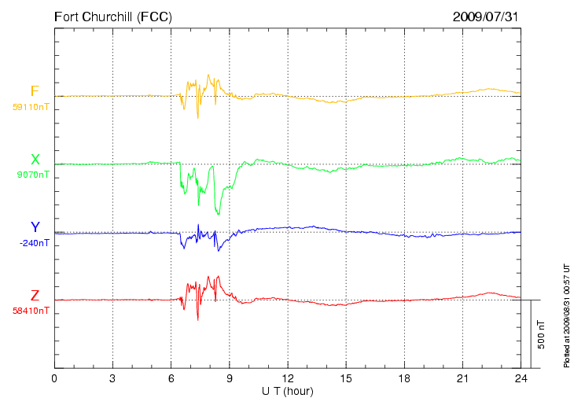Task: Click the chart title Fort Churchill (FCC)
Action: pyautogui.click(x=113, y=17)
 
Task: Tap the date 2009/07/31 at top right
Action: pyautogui.click(x=485, y=17)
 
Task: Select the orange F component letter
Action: pyautogui.click(x=35, y=91)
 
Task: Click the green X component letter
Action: pyautogui.click(x=35, y=160)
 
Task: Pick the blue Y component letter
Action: pyautogui.click(x=35, y=227)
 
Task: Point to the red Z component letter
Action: pyautogui.click(x=35, y=296)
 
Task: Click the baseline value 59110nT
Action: pyautogui.click(x=31, y=107)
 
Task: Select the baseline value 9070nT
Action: pyautogui.click(x=33, y=175)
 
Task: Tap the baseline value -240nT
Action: pyautogui.click(x=34, y=243)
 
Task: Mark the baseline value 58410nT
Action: pyautogui.click(x=31, y=311)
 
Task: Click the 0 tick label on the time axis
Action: pyautogui.click(x=54, y=378)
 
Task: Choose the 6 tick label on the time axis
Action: pyautogui.click(x=171, y=378)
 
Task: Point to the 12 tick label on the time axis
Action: pyautogui.click(x=288, y=378)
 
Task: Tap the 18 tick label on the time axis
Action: pyautogui.click(x=404, y=378)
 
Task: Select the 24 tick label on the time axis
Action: pyautogui.click(x=521, y=378)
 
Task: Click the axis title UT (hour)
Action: pyautogui.click(x=288, y=392)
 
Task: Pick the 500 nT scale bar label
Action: pyautogui.click(x=542, y=334)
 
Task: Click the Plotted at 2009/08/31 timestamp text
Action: pyautogui.click(x=566, y=315)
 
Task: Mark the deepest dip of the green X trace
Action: pyautogui.click(x=219, y=214)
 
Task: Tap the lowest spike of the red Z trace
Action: pyautogui.click(x=198, y=320)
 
